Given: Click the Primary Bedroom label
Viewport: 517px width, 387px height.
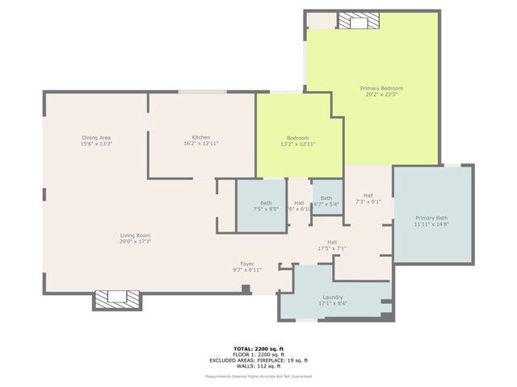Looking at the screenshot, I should coord(381,88).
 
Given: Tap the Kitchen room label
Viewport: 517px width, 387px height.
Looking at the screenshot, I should coord(200,137).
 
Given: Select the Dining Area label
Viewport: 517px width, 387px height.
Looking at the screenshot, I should coord(95,137).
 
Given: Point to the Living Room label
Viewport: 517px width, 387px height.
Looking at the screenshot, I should coord(136,235).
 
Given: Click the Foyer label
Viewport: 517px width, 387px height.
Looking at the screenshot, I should coord(248,264).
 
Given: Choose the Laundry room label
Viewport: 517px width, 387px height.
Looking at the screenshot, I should coord(332,297).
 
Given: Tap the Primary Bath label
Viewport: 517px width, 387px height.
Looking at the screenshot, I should coord(431,218).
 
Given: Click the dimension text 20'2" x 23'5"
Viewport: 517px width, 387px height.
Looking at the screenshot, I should coord(381,94).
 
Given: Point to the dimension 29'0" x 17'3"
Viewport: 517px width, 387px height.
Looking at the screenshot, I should coord(136,241).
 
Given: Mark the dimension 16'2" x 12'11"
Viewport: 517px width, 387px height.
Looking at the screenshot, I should coord(200,144).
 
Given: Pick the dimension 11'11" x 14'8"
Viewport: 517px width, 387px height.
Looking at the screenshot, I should coord(431,224).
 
